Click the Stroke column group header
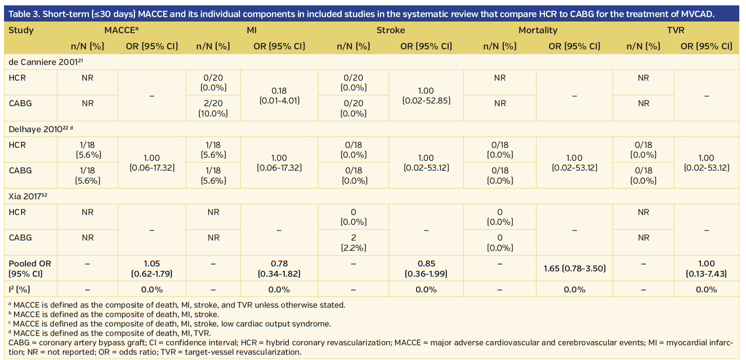click(x=390, y=30)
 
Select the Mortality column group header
click(x=538, y=30)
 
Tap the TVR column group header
click(x=675, y=30)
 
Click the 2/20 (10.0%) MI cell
click(x=213, y=108)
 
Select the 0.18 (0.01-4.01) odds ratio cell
click(x=279, y=95)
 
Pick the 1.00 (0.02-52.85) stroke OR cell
click(x=426, y=95)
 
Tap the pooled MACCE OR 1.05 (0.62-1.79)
click(x=152, y=268)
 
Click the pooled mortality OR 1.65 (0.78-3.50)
click(x=575, y=268)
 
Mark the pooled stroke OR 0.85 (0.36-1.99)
click(x=426, y=268)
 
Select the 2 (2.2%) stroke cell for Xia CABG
click(x=353, y=242)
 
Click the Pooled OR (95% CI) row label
click(x=30, y=268)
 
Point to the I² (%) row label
click(x=19, y=289)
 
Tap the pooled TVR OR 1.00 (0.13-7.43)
click(x=706, y=268)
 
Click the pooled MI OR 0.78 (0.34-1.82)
click(x=279, y=268)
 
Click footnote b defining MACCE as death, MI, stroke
click(x=116, y=314)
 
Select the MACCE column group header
click(x=121, y=30)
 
